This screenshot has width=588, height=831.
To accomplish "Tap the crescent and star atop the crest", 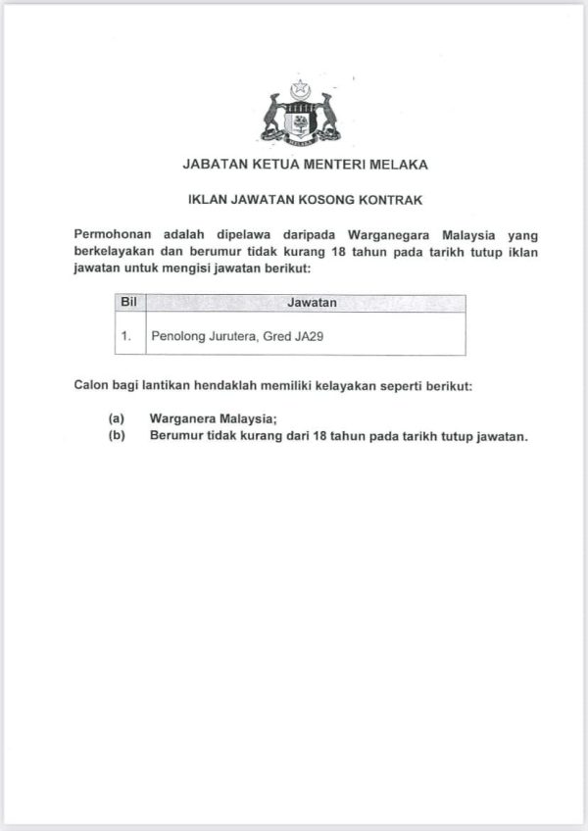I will (x=299, y=89).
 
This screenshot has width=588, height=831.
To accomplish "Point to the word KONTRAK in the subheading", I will (x=392, y=201).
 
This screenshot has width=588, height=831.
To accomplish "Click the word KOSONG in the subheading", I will (x=330, y=201).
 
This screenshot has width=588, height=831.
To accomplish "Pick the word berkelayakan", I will (x=115, y=252).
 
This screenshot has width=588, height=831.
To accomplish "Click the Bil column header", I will (x=127, y=303).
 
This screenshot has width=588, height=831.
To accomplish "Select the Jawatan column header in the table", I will (x=313, y=304).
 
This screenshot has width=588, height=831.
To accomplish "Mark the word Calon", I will (x=91, y=386).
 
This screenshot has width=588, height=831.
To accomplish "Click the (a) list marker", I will (x=117, y=418).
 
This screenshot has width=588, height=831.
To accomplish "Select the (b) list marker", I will (x=117, y=436).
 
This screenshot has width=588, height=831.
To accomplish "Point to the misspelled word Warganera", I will (x=185, y=418).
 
